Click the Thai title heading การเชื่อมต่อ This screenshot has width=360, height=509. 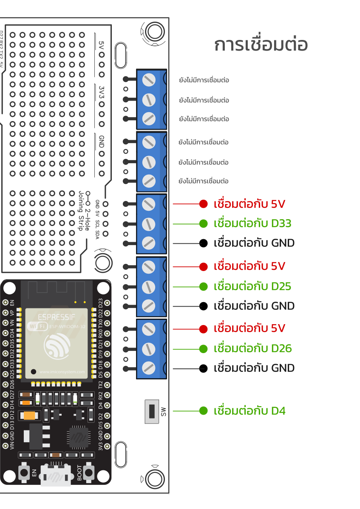point(261,45)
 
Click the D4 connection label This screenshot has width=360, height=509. point(249,411)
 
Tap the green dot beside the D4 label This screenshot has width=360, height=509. point(203,411)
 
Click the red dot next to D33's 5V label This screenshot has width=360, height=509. point(203,204)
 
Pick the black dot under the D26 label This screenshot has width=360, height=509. point(203,368)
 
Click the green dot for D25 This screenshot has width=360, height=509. point(203,286)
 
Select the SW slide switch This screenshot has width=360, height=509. point(151,411)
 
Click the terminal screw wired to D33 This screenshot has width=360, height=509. point(148,223)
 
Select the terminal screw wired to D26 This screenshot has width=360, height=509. point(148,349)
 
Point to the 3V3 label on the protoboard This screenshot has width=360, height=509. point(102,93)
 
